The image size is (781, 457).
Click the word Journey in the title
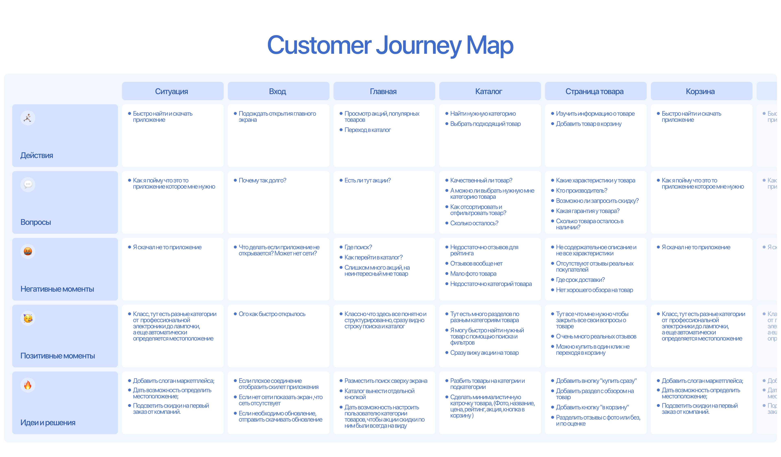(x=418, y=46)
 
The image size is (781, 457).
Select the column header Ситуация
(x=171, y=91)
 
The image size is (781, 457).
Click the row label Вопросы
(x=36, y=222)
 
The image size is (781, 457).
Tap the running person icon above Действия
(x=28, y=118)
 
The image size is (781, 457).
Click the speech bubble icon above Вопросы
(x=28, y=185)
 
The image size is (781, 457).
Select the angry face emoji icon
(x=28, y=252)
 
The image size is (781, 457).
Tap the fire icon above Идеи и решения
(x=28, y=385)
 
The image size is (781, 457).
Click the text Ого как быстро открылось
(x=272, y=314)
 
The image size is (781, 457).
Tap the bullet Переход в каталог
(x=368, y=130)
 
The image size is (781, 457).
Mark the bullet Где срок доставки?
(x=580, y=280)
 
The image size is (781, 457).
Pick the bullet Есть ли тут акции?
(x=368, y=181)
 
